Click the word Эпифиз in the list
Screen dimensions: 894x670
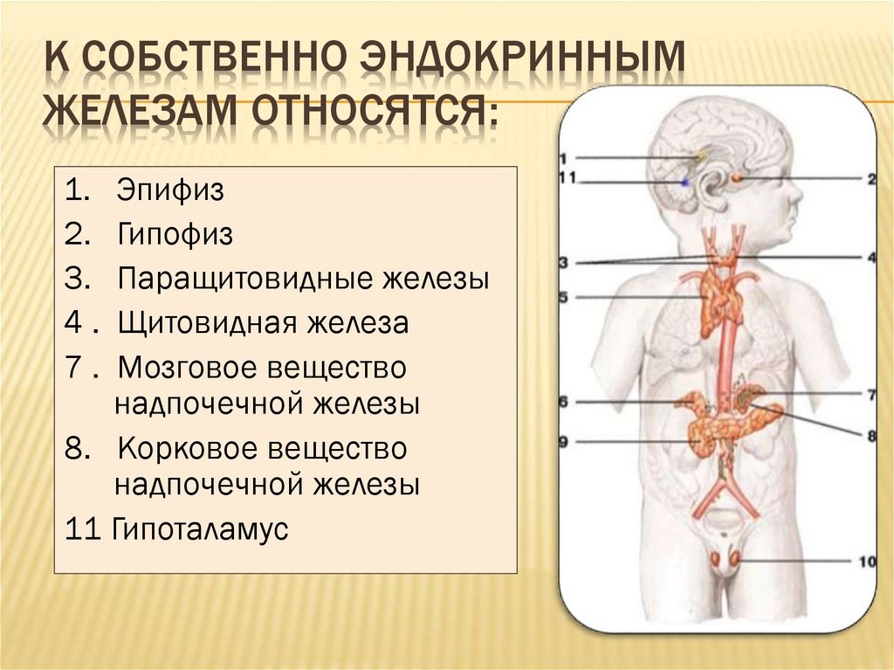[x=170, y=190]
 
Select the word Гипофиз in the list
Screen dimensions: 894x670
[x=175, y=234]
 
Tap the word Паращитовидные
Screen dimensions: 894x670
[x=245, y=280]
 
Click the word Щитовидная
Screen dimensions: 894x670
[x=207, y=323]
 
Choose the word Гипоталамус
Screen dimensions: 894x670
[x=200, y=529]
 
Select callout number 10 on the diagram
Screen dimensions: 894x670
[x=867, y=562]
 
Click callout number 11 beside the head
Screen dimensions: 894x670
[x=567, y=178]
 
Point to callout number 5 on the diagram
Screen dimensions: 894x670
[x=563, y=297]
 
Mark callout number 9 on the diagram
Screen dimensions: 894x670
[x=563, y=441]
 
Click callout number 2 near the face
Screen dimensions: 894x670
[x=872, y=179]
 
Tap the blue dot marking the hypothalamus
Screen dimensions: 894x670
[x=684, y=182]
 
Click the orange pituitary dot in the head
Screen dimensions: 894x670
[x=737, y=178]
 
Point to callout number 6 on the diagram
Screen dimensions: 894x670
[x=563, y=402]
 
